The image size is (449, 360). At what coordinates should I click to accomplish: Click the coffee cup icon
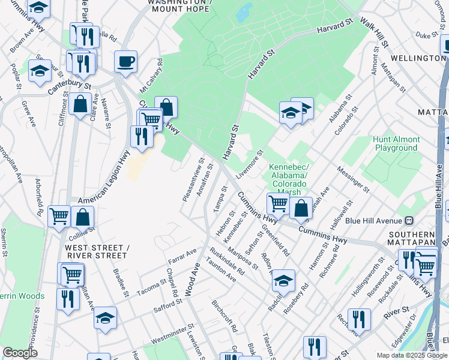click(x=125, y=61)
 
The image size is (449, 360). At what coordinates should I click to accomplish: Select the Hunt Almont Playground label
click(x=395, y=143)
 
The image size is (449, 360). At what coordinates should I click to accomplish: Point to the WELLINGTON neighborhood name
click(x=417, y=58)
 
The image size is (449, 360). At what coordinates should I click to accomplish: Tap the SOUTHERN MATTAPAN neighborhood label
click(x=411, y=239)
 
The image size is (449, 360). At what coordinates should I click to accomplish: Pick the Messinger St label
click(x=353, y=179)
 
